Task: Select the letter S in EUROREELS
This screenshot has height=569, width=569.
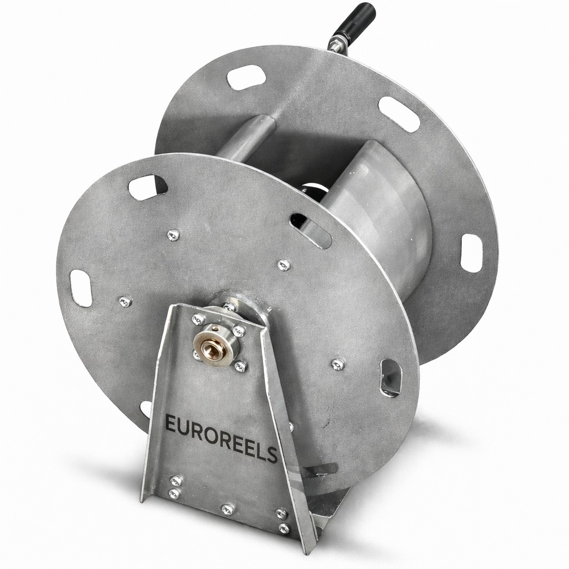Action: point(271,456)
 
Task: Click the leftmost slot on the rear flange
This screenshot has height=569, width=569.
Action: point(246,77)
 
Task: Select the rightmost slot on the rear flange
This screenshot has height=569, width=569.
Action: point(471,253)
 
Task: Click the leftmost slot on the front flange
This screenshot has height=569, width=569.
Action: point(81,288)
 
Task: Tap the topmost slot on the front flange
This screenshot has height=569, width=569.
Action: point(148,187)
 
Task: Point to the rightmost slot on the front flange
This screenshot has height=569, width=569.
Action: point(390,377)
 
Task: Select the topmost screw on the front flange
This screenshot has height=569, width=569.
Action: point(173,235)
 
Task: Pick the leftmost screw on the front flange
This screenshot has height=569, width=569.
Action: point(126,302)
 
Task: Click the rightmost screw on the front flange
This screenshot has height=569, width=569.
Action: point(338,364)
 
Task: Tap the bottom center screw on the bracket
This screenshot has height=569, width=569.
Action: point(227,509)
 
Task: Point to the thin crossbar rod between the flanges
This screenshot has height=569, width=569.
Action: point(244,139)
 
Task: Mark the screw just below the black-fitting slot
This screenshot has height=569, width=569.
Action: point(283,265)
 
